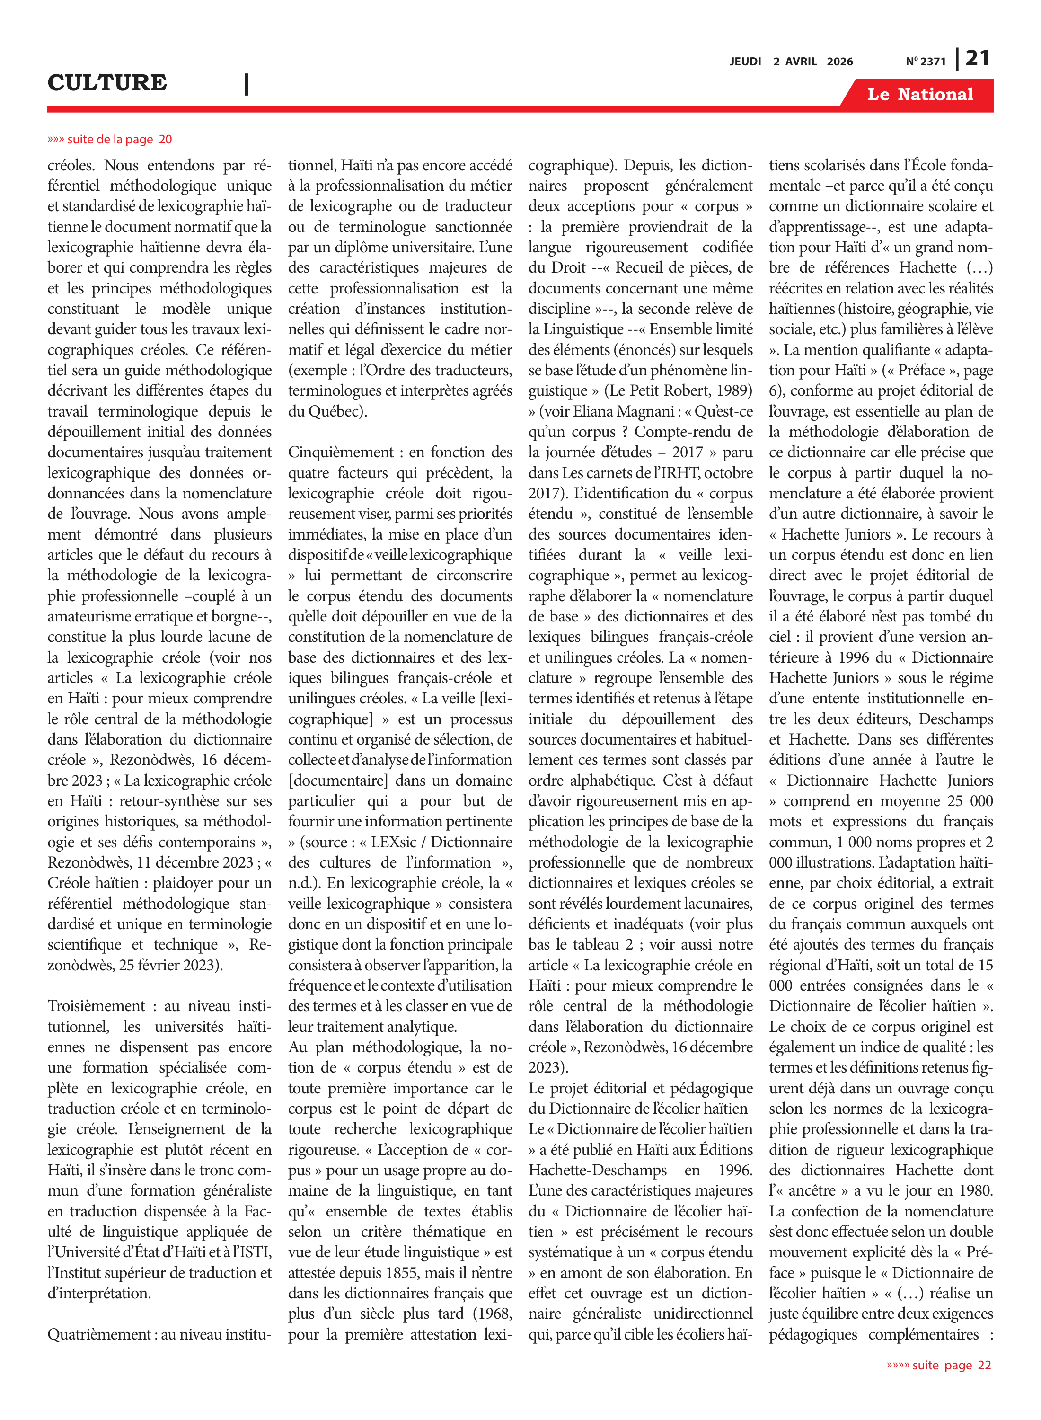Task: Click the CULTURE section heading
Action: click(x=107, y=82)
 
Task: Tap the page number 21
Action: click(x=977, y=59)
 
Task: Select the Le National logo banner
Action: click(x=919, y=95)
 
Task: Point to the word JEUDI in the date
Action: click(x=745, y=62)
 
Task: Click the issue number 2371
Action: click(x=933, y=62)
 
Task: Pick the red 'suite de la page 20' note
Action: click(x=110, y=139)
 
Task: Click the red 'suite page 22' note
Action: click(x=938, y=1365)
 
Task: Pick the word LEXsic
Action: click(x=393, y=842)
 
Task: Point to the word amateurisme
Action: click(x=91, y=616)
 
